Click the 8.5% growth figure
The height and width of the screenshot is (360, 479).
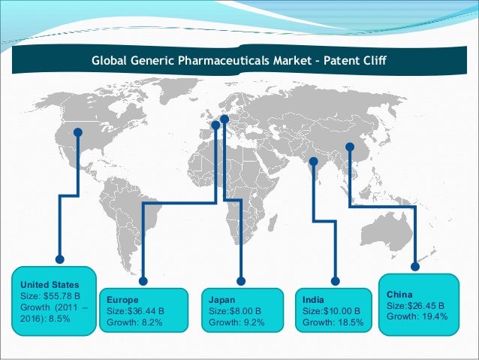61,319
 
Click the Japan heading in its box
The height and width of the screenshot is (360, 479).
222,298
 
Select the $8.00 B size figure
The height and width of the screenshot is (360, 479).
244,310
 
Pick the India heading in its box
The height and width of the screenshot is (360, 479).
313,298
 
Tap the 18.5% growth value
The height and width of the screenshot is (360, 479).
348,322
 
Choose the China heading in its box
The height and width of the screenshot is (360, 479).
399,294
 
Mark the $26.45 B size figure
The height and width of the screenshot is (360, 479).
424,306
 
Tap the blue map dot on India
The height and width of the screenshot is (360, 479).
313,160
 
